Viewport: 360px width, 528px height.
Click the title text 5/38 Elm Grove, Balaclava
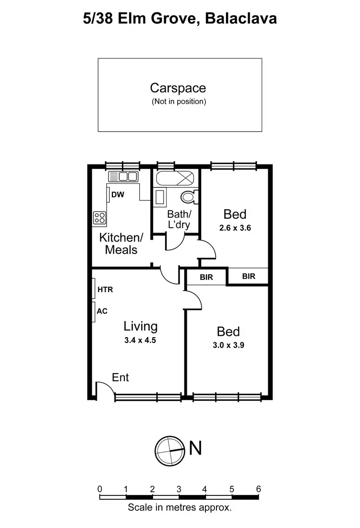click(x=180, y=19)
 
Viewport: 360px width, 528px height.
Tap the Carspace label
click(x=178, y=88)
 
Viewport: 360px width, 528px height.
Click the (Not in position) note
click(x=179, y=102)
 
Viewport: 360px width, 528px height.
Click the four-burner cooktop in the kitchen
click(x=99, y=218)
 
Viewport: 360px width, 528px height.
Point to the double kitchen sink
click(x=123, y=176)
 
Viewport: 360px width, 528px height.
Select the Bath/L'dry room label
click(x=179, y=219)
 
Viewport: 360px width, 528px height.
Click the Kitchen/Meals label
click(x=121, y=244)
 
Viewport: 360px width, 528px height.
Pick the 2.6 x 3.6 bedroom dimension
click(x=235, y=228)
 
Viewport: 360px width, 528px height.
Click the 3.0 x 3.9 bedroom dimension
click(x=228, y=345)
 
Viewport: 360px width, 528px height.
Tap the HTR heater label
click(x=105, y=290)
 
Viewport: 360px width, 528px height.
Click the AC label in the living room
click(x=102, y=311)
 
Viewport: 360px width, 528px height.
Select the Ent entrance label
click(x=120, y=378)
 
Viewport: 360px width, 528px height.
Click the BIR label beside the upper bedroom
click(x=249, y=277)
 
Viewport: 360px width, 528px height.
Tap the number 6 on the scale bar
click(x=258, y=489)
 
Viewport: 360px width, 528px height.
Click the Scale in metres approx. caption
click(x=180, y=507)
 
